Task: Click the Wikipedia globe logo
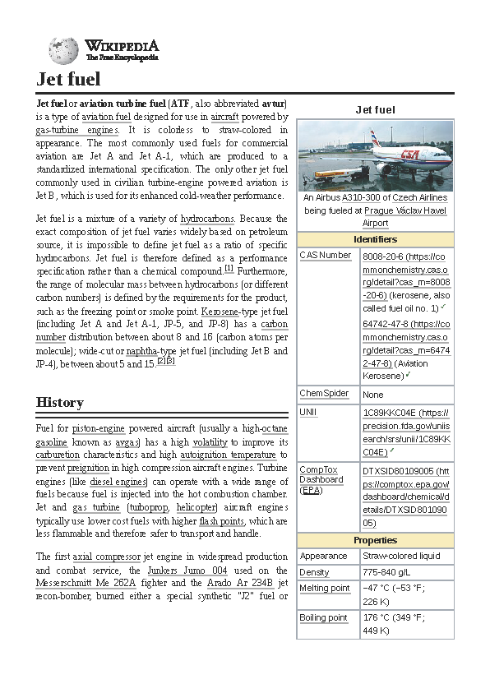coord(63,51)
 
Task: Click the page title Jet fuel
coord(68,79)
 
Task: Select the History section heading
coord(59,402)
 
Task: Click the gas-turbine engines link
coord(77,130)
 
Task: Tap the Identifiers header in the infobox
coord(375,239)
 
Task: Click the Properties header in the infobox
coord(375,540)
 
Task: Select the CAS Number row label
coord(325,256)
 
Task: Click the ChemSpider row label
coord(324,394)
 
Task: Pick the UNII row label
coord(308,412)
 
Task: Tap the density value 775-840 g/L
coord(389,572)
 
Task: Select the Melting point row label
coord(325,588)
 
